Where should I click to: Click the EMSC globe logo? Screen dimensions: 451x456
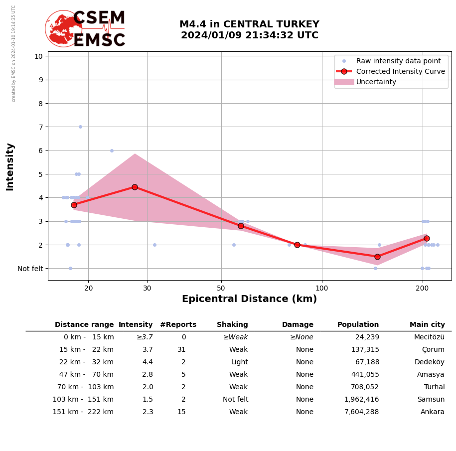64,28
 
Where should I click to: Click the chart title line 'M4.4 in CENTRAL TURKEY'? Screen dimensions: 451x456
249,24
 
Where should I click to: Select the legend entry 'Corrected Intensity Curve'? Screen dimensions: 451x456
400,71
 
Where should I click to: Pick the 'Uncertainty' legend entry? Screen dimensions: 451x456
376,82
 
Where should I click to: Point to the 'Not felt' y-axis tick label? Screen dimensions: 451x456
30,269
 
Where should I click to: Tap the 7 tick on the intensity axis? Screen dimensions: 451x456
39,127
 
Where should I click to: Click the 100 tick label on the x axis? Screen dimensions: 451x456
322,288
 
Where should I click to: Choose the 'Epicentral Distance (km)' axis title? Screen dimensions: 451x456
249,299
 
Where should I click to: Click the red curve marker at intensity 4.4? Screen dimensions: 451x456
135,187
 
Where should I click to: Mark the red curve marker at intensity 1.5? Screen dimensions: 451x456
377,257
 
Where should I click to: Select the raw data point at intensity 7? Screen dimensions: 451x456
80,127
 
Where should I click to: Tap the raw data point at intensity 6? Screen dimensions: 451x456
112,150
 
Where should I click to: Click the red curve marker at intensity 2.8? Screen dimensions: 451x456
241,226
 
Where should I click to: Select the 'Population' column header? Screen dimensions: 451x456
358,325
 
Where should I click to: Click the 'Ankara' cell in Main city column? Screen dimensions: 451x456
432,412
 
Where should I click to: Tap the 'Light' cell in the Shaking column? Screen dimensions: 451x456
239,362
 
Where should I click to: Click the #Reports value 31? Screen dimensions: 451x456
181,350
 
